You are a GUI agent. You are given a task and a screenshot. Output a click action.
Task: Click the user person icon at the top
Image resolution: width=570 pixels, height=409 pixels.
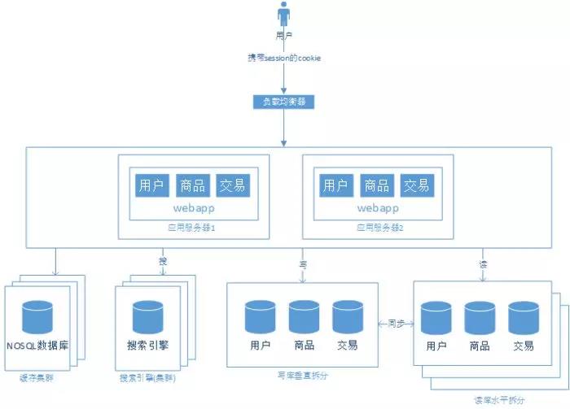click(284, 15)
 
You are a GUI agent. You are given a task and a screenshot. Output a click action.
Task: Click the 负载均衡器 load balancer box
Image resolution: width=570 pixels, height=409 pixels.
click(284, 102)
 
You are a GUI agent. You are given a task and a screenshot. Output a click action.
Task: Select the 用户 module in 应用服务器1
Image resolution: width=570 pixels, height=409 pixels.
click(151, 185)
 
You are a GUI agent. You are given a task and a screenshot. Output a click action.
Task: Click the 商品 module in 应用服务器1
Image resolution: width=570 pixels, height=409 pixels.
click(192, 185)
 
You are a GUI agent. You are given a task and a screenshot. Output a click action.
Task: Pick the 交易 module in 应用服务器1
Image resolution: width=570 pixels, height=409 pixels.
click(233, 185)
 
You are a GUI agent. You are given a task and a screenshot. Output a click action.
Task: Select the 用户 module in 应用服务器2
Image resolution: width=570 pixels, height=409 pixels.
click(335, 185)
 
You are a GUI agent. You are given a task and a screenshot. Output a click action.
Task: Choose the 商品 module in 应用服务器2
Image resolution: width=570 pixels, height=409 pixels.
click(376, 185)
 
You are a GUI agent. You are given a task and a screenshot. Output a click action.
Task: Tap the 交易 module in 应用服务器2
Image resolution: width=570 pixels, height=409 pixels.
click(417, 185)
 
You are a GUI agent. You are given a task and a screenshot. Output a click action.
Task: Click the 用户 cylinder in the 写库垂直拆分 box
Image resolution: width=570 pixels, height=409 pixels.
click(261, 316)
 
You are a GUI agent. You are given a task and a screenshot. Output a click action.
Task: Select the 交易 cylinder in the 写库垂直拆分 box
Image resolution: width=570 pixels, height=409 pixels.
click(348, 316)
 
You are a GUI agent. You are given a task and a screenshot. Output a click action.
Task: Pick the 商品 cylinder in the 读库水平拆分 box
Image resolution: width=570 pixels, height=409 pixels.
click(480, 318)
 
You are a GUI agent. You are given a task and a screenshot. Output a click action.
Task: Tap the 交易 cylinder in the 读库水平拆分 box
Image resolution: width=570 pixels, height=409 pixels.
click(524, 318)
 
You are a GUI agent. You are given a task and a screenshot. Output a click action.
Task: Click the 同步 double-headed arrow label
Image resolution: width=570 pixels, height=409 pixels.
click(397, 324)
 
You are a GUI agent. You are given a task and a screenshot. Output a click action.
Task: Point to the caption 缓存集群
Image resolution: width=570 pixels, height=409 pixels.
click(33, 378)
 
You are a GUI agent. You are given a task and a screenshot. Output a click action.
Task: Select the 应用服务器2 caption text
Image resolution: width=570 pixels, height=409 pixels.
click(379, 229)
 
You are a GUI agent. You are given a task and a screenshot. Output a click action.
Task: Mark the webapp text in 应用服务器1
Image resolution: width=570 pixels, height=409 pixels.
click(192, 208)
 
